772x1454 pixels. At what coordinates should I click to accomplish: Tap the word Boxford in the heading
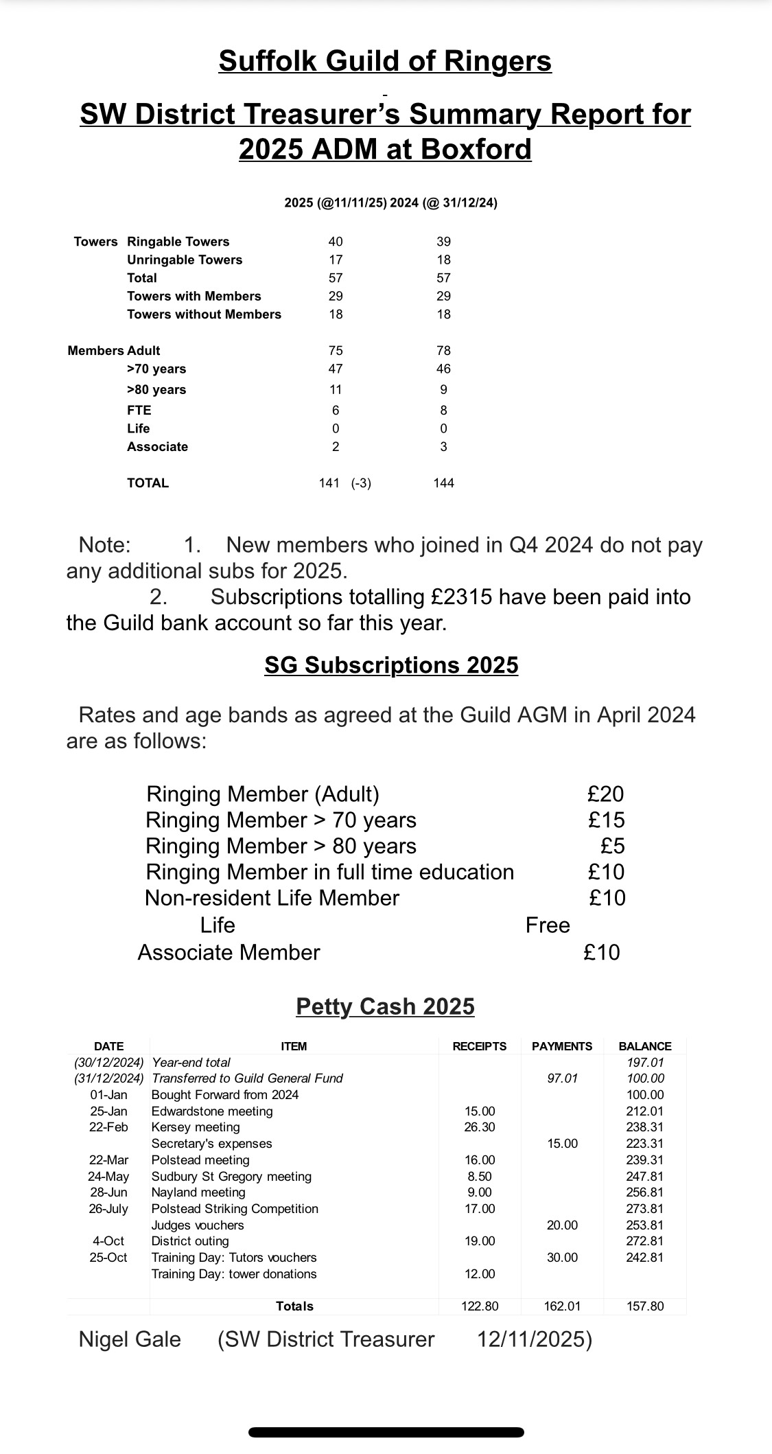pos(475,149)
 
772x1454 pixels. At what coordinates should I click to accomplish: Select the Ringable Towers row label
pos(178,242)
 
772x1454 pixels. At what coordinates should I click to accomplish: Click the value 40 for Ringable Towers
pos(336,242)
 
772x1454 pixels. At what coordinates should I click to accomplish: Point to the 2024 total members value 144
pos(443,483)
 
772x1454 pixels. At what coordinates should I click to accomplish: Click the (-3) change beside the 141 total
pos(361,483)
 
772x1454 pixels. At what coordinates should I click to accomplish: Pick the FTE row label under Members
pos(139,411)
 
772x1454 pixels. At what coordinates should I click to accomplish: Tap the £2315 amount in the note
pos(462,597)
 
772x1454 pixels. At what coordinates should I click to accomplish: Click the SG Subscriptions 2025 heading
pos(391,665)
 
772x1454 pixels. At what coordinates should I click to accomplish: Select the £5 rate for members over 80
pos(612,846)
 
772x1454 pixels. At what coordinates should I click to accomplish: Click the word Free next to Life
pos(548,925)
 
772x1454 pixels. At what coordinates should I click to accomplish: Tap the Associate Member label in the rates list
pos(229,952)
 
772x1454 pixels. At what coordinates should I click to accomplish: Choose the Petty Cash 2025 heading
pos(385,1006)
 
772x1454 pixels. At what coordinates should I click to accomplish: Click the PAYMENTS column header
pos(562,1046)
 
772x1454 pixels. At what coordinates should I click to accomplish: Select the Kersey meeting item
pos(196,1127)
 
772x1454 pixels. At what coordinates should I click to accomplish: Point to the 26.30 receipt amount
pos(480,1127)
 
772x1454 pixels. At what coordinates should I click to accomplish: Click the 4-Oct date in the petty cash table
pos(108,1241)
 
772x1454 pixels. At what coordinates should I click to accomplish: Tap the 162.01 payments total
pos(562,1306)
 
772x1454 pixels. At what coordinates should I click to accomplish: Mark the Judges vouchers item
pos(198,1225)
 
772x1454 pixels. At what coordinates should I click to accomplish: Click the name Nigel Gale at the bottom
pos(130,1339)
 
